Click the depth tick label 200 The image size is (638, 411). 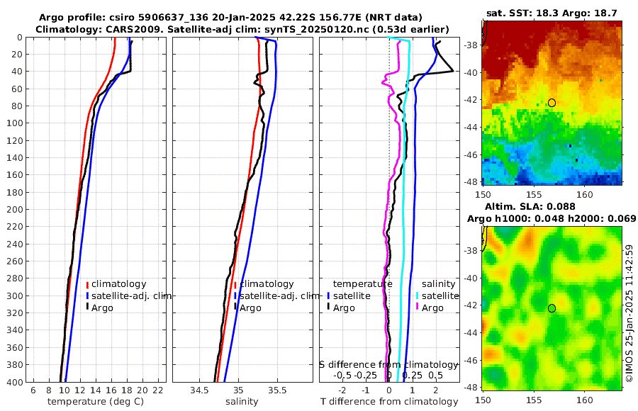(x=14, y=210)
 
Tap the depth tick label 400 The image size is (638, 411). (x=14, y=382)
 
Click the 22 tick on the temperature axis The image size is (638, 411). (x=158, y=390)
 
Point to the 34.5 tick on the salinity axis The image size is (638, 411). (x=199, y=390)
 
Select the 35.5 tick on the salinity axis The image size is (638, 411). (x=278, y=390)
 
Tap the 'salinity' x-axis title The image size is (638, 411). (x=242, y=402)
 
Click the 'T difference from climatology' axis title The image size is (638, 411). (x=389, y=402)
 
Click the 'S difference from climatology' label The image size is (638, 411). (x=389, y=364)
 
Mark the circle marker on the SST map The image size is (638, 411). (x=552, y=103)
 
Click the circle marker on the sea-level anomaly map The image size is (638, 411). (x=552, y=308)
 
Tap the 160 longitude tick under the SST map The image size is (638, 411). (x=585, y=193)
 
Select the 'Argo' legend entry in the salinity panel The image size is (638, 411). (x=250, y=308)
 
